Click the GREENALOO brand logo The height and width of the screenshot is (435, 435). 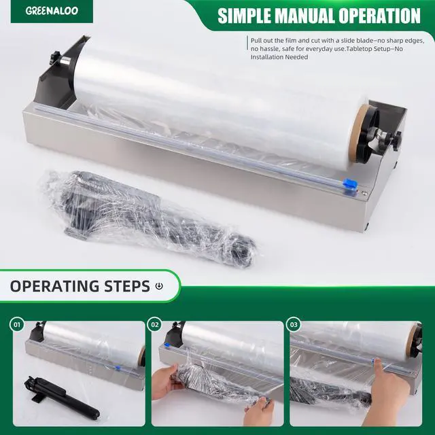[x=52, y=11]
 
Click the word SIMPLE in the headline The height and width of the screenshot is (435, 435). [x=244, y=16]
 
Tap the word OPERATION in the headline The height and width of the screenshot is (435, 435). [x=379, y=16]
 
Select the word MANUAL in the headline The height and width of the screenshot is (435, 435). [x=304, y=16]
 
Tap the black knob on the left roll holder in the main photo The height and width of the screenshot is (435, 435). [x=55, y=58]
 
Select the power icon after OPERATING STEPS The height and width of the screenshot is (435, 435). [x=159, y=286]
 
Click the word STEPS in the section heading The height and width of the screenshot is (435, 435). [x=127, y=286]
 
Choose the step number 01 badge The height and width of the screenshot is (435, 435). [x=17, y=325]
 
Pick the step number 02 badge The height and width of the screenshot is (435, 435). [x=155, y=325]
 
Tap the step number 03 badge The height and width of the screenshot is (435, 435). [x=294, y=325]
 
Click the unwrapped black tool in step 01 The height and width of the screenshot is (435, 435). [x=61, y=397]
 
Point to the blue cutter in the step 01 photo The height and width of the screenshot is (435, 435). [x=118, y=368]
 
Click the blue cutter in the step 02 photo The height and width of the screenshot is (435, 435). [x=167, y=345]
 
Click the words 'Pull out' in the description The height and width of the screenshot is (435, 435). [x=262, y=41]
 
